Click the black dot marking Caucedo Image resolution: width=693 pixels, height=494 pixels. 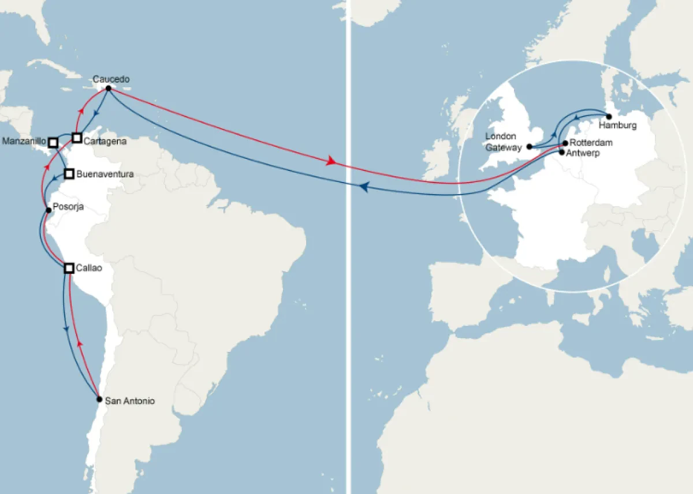coord(109,88)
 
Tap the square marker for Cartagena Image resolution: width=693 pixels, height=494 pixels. coord(77,138)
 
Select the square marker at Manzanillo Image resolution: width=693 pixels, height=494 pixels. coord(53,142)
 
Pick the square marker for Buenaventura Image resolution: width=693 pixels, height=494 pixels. coord(69,173)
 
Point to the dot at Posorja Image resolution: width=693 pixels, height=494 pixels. coord(49,210)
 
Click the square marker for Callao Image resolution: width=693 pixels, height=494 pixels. coord(69,268)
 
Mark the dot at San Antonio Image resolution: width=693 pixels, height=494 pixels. coord(99,399)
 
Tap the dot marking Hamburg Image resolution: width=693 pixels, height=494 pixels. coord(609,117)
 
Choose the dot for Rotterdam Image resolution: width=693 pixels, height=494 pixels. coord(565,143)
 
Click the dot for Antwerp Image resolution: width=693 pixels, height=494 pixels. coord(562,152)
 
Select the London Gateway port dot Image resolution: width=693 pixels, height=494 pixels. coord(530,147)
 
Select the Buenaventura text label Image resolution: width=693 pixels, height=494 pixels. coord(105,173)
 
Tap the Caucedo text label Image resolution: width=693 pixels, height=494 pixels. coord(111,79)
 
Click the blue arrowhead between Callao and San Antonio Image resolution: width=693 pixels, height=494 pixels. coord(66,328)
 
